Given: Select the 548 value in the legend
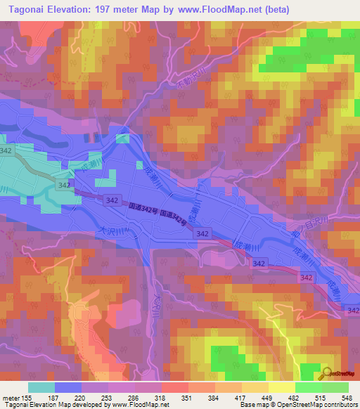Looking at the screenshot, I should click(x=342, y=397).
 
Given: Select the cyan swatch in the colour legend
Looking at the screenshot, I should click(x=41, y=387).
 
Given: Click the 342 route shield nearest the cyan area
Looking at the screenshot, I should click(x=64, y=185).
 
